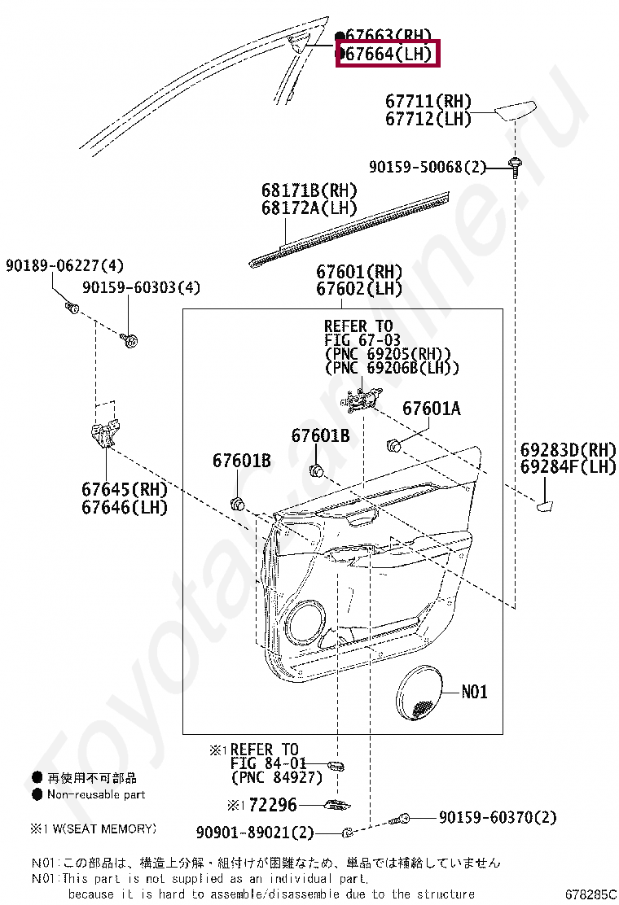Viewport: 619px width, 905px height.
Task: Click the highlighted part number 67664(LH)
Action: pyautogui.click(x=389, y=55)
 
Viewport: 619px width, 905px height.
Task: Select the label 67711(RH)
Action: pyautogui.click(x=428, y=102)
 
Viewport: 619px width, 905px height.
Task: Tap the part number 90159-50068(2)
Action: pyautogui.click(x=427, y=167)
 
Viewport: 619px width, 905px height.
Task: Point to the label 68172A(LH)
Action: pyautogui.click(x=309, y=208)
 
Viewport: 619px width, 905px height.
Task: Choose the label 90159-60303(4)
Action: pyautogui.click(x=141, y=288)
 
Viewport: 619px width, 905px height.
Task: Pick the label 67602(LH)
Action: pyautogui.click(x=359, y=289)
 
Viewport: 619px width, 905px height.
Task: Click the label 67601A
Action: pyautogui.click(x=431, y=409)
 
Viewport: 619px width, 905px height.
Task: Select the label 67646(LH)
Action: pyautogui.click(x=124, y=507)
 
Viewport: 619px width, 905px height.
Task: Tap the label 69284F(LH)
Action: pyautogui.click(x=569, y=466)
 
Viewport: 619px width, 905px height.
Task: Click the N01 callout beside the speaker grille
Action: pyautogui.click(x=474, y=692)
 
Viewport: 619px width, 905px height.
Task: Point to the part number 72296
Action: pyautogui.click(x=272, y=805)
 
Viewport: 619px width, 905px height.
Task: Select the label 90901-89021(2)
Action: pyautogui.click(x=255, y=833)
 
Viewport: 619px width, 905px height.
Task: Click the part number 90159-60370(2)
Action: pyautogui.click(x=497, y=817)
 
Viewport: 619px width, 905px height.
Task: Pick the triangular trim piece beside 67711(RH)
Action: pyautogui.click(x=516, y=111)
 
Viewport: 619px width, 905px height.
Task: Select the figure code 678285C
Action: pyautogui.click(x=591, y=894)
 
